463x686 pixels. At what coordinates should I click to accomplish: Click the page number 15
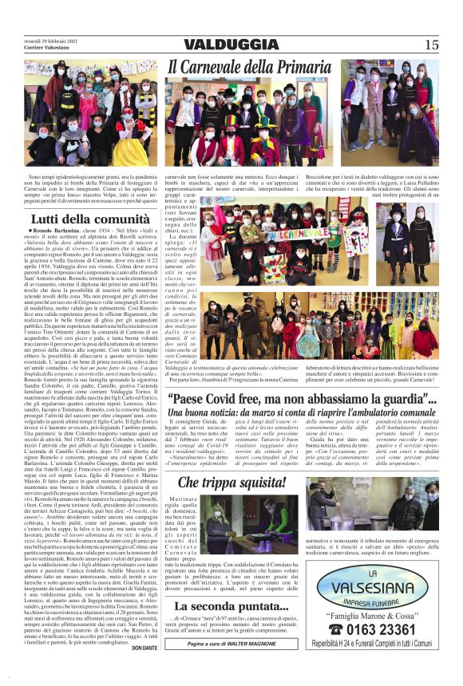coord(431,45)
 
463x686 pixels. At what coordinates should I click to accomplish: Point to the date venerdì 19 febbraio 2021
coord(49,41)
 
